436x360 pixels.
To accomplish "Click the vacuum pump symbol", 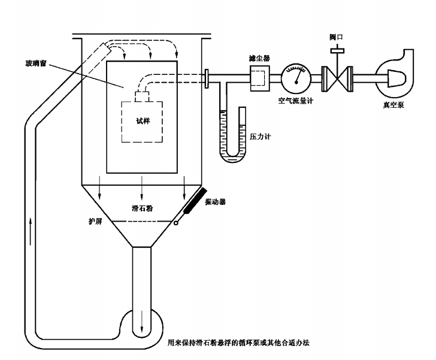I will pyautogui.click(x=392, y=76).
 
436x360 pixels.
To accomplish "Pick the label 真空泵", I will pyautogui.click(x=393, y=105).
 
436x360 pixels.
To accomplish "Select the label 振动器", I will pyautogui.click(x=215, y=202).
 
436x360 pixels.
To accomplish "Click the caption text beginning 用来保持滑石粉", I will pyautogui.click(x=246, y=343).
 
